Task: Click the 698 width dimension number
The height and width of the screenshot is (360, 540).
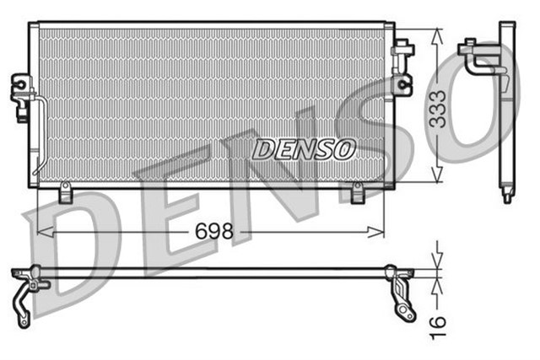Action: tap(213, 231)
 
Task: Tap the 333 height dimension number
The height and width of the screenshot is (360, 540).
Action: tap(438, 107)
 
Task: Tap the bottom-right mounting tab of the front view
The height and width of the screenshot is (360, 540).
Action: tap(357, 195)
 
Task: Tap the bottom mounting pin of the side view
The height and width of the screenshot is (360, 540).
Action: tap(506, 196)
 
